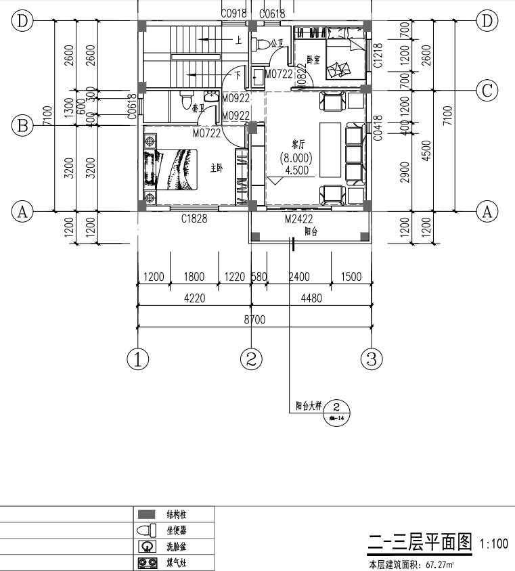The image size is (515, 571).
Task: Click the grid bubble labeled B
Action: (22, 125)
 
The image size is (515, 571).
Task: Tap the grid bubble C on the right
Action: (487, 90)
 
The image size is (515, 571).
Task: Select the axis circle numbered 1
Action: (137, 359)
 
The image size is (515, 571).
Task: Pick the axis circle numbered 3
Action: (371, 359)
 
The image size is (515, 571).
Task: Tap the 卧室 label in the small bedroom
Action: (313, 59)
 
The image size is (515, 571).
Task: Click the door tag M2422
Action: (298, 219)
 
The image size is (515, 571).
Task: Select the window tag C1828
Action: (194, 219)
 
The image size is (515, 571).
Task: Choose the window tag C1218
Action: (378, 56)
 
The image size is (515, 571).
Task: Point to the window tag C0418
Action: (378, 127)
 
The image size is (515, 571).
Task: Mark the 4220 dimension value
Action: (194, 298)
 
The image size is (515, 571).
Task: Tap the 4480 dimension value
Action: (311, 298)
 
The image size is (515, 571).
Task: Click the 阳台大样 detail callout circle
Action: (337, 410)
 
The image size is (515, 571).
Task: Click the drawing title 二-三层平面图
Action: (418, 543)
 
